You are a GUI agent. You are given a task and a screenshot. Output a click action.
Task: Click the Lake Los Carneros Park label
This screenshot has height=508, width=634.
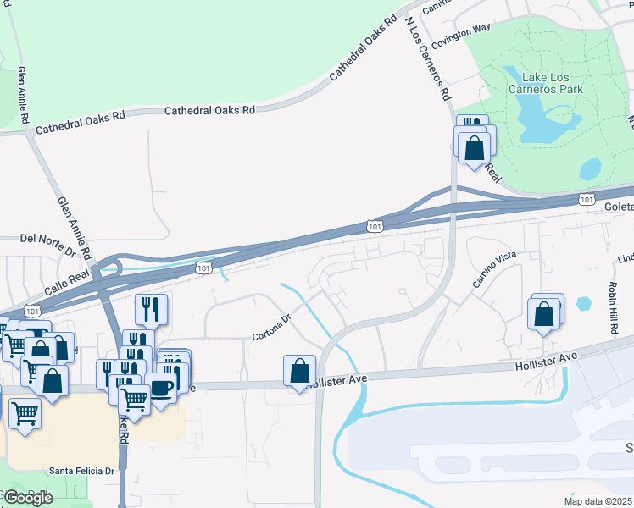pyautogui.click(x=547, y=82)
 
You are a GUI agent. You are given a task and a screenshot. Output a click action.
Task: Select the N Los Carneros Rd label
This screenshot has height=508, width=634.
pyautogui.click(x=426, y=58)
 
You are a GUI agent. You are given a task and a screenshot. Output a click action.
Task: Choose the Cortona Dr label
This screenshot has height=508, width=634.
pyautogui.click(x=271, y=328)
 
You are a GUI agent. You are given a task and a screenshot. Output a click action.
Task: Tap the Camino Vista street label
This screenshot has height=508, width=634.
pyautogui.click(x=494, y=269)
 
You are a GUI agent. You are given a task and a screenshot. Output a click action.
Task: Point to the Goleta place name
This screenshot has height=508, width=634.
pyautogui.click(x=619, y=207)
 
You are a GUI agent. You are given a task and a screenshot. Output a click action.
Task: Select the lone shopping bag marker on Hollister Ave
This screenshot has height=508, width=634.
pyautogui.click(x=299, y=371)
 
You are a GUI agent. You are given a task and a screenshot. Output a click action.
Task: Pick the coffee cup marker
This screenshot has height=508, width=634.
pyautogui.click(x=161, y=389)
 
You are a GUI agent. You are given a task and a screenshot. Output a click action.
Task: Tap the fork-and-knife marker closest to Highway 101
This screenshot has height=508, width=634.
pyautogui.click(x=151, y=310)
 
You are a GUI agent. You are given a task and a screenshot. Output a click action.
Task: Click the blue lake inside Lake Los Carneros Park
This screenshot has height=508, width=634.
pyautogui.click(x=534, y=110)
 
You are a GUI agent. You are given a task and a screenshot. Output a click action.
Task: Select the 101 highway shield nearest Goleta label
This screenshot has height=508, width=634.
pyautogui.click(x=587, y=199)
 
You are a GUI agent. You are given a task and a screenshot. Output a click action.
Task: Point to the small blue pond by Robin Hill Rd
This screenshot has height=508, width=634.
pyautogui.click(x=583, y=303)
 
